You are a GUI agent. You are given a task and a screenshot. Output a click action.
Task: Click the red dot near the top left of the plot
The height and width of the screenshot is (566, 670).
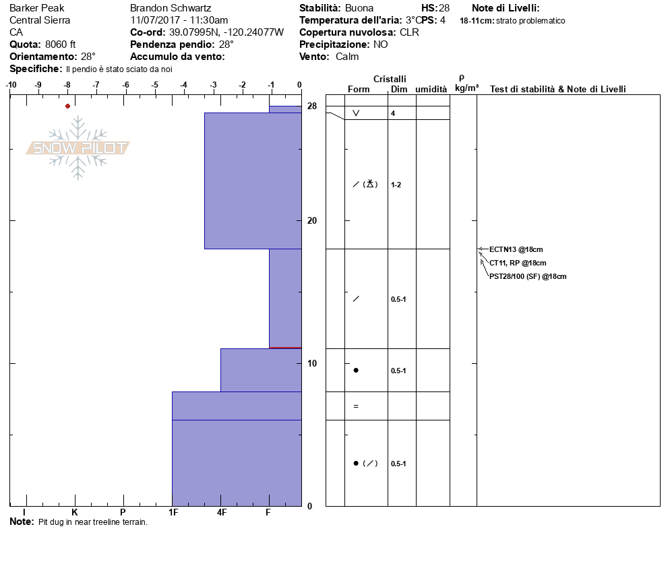tap(67, 106)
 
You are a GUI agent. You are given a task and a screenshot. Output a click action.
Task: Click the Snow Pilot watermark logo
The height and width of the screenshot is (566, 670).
tap(78, 148)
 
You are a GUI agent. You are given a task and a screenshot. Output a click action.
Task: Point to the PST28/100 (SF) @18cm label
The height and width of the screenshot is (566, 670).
tap(528, 276)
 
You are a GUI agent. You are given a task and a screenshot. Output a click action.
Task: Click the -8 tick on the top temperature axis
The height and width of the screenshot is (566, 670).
tap(67, 85)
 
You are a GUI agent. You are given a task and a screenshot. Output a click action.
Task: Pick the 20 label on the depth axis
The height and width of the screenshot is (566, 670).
tap(312, 221)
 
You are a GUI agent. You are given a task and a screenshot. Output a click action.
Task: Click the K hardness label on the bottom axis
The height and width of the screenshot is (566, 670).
tap(74, 513)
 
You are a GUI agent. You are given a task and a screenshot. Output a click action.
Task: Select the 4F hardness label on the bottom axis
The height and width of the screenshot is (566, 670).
tap(222, 513)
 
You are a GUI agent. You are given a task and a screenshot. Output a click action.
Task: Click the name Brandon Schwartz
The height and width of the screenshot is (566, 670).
tap(170, 8)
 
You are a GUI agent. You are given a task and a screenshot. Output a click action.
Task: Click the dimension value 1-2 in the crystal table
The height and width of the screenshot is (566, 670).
tap(396, 185)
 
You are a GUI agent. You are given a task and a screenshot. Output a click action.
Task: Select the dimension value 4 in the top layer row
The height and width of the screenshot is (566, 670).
tap(393, 113)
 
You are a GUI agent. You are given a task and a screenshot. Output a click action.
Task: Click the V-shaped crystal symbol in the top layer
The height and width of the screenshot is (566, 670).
tap(356, 113)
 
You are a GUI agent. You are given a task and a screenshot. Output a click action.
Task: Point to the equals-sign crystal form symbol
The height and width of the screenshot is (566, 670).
tap(356, 406)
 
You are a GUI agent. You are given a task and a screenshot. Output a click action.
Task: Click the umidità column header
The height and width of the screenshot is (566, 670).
tap(431, 89)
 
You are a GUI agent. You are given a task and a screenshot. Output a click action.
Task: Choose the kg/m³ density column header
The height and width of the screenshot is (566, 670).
tap(466, 88)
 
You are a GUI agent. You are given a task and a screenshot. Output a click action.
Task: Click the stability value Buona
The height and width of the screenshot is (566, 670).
tap(359, 8)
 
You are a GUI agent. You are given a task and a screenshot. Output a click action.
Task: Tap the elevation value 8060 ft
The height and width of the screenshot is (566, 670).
tap(61, 44)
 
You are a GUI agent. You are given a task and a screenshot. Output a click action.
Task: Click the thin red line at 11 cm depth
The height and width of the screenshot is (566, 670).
tap(285, 348)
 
